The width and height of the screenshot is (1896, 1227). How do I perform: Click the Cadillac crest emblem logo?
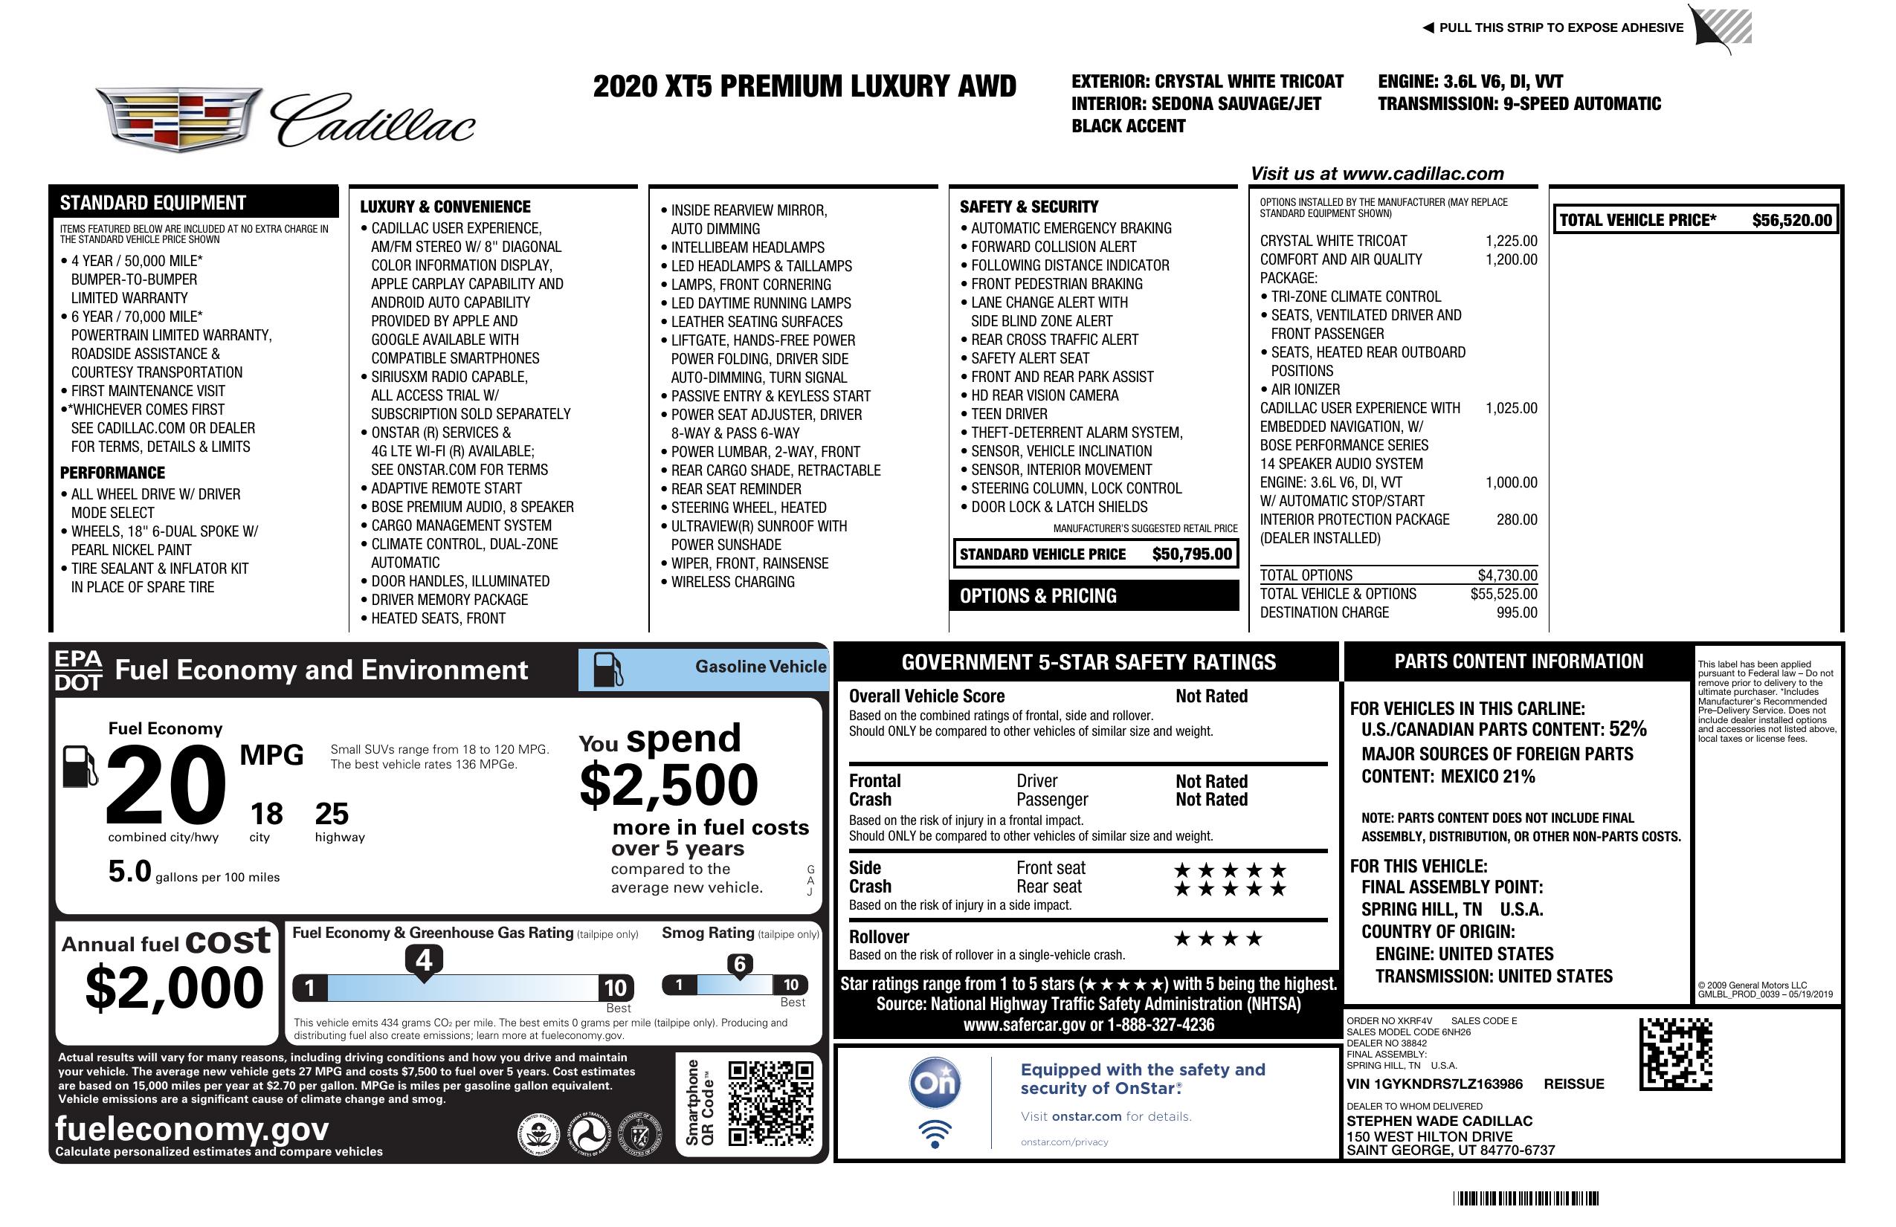[x=178, y=120]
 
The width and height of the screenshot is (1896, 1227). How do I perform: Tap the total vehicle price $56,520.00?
[x=1792, y=221]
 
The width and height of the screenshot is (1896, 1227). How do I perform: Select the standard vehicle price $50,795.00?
[x=1192, y=554]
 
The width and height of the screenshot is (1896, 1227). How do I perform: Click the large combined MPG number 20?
[x=166, y=785]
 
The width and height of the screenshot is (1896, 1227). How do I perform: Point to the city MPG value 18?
[x=266, y=814]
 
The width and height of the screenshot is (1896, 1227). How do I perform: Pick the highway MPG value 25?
[x=332, y=814]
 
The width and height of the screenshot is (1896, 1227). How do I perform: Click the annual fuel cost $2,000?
[x=174, y=988]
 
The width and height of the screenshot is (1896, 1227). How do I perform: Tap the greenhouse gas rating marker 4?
[x=424, y=960]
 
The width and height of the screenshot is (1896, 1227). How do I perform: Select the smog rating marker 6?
[x=739, y=964]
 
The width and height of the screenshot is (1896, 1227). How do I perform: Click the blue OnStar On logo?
[x=935, y=1083]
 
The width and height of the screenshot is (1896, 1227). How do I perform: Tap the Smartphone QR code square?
[x=770, y=1102]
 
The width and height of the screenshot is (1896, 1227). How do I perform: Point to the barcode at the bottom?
[x=1526, y=1198]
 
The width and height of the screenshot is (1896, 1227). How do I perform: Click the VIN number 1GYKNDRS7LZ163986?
[x=1434, y=1084]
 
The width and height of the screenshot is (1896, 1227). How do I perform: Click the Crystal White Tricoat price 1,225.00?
[x=1511, y=241]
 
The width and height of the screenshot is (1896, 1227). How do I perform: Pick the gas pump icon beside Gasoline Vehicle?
[x=608, y=670]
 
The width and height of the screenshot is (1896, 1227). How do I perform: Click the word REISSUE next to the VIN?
[x=1574, y=1084]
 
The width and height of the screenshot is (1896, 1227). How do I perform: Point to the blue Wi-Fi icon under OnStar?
[x=935, y=1134]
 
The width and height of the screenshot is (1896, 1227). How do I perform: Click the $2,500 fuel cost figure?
[x=668, y=785]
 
